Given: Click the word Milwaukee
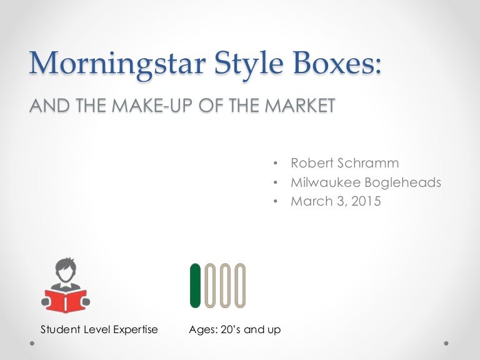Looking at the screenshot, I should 323,182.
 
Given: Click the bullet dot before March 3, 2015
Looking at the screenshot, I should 276,202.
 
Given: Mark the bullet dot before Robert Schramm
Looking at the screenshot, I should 276,164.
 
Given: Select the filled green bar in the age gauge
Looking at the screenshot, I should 195,286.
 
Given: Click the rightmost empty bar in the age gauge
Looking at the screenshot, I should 240,286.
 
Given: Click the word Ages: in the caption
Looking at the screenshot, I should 202,329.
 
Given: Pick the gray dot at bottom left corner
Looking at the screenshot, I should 32,343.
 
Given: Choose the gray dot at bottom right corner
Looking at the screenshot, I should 447,343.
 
